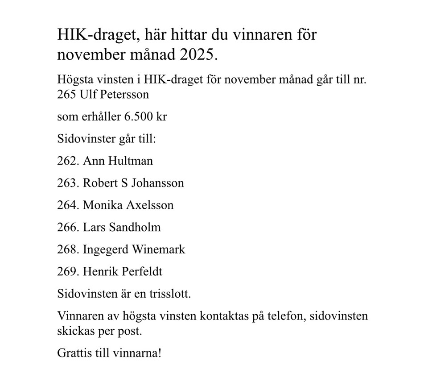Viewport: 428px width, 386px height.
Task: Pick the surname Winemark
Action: coord(158,249)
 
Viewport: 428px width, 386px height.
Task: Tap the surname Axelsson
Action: coord(150,205)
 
